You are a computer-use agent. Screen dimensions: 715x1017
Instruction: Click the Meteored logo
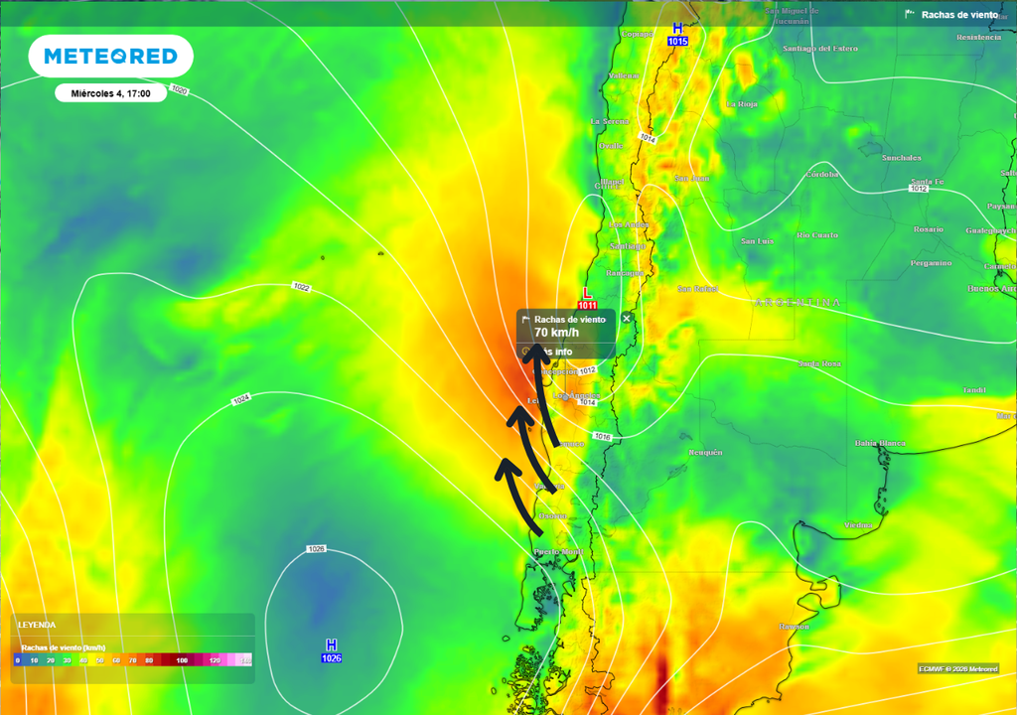pos(110,57)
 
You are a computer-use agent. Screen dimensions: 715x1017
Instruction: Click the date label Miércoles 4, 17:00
pos(110,93)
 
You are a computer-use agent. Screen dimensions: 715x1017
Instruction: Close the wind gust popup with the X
pos(626,318)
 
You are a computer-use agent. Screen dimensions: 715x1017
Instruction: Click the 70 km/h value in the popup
pos(555,333)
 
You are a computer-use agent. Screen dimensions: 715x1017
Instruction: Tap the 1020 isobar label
pos(179,90)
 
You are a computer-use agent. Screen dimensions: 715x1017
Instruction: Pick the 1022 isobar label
pos(301,287)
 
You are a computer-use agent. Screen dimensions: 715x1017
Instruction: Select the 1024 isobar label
pos(240,400)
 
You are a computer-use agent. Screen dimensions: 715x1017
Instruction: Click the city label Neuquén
pos(705,452)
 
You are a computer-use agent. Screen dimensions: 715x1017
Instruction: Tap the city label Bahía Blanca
pos(879,443)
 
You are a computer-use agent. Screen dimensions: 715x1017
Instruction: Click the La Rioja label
pos(741,103)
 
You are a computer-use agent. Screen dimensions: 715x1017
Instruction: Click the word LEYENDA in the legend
pos(37,625)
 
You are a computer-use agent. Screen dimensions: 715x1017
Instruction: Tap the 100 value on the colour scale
pos(182,659)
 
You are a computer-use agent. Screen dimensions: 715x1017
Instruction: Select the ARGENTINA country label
pos(798,302)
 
